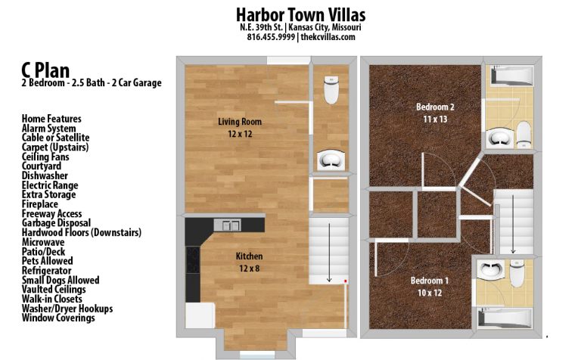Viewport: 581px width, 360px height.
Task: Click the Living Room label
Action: pyautogui.click(x=240, y=122)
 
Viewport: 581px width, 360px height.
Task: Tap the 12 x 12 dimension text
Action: pyautogui.click(x=240, y=134)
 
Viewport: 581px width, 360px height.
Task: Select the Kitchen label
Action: pyautogui.click(x=249, y=256)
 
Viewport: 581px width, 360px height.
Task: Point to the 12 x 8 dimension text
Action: pyautogui.click(x=249, y=268)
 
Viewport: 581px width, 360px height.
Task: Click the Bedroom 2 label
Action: pyautogui.click(x=435, y=107)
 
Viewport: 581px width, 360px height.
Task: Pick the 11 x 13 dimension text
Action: pyautogui.click(x=435, y=119)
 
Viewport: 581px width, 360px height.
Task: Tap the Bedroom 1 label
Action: pyautogui.click(x=429, y=281)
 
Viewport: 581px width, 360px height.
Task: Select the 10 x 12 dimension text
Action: pyautogui.click(x=429, y=293)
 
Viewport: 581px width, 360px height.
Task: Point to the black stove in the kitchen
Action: pyautogui.click(x=193, y=261)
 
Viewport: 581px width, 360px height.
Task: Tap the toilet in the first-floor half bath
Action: pyautogui.click(x=331, y=90)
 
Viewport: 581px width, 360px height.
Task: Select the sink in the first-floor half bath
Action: pyautogui.click(x=331, y=160)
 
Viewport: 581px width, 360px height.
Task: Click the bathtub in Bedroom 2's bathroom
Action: pyautogui.click(x=512, y=76)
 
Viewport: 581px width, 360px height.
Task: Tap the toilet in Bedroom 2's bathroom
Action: pyautogui.click(x=523, y=135)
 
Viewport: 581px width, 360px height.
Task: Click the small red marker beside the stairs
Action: pyautogui.click(x=346, y=281)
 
